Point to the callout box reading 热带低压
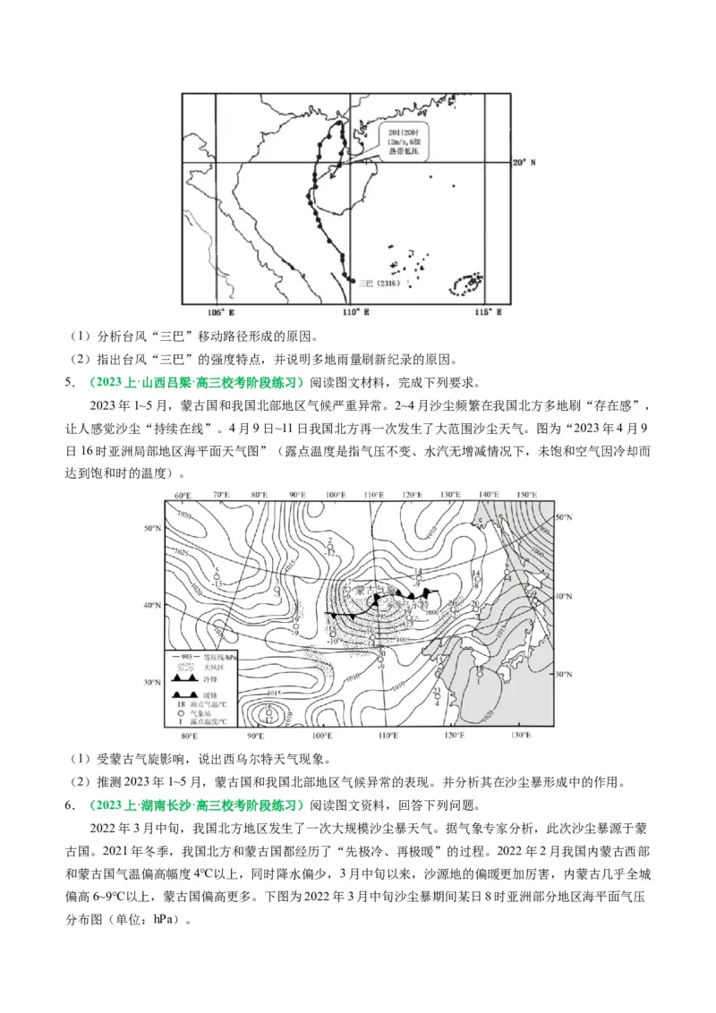pyautogui.click(x=402, y=142)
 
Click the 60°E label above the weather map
pyautogui.click(x=183, y=495)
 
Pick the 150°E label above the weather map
pyautogui.click(x=527, y=495)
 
